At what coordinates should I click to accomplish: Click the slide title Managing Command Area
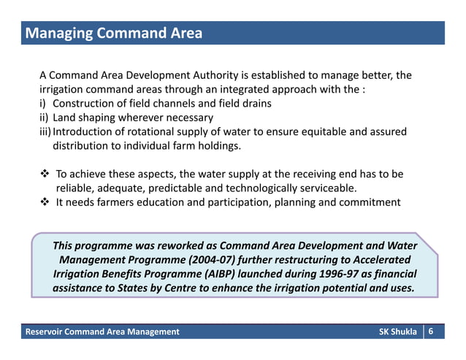pyautogui.click(x=113, y=34)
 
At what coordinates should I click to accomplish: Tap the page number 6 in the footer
pyautogui.click(x=432, y=332)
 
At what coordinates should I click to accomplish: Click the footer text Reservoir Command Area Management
pyautogui.click(x=102, y=333)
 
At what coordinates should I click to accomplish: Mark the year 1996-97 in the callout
pyautogui.click(x=348, y=273)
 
